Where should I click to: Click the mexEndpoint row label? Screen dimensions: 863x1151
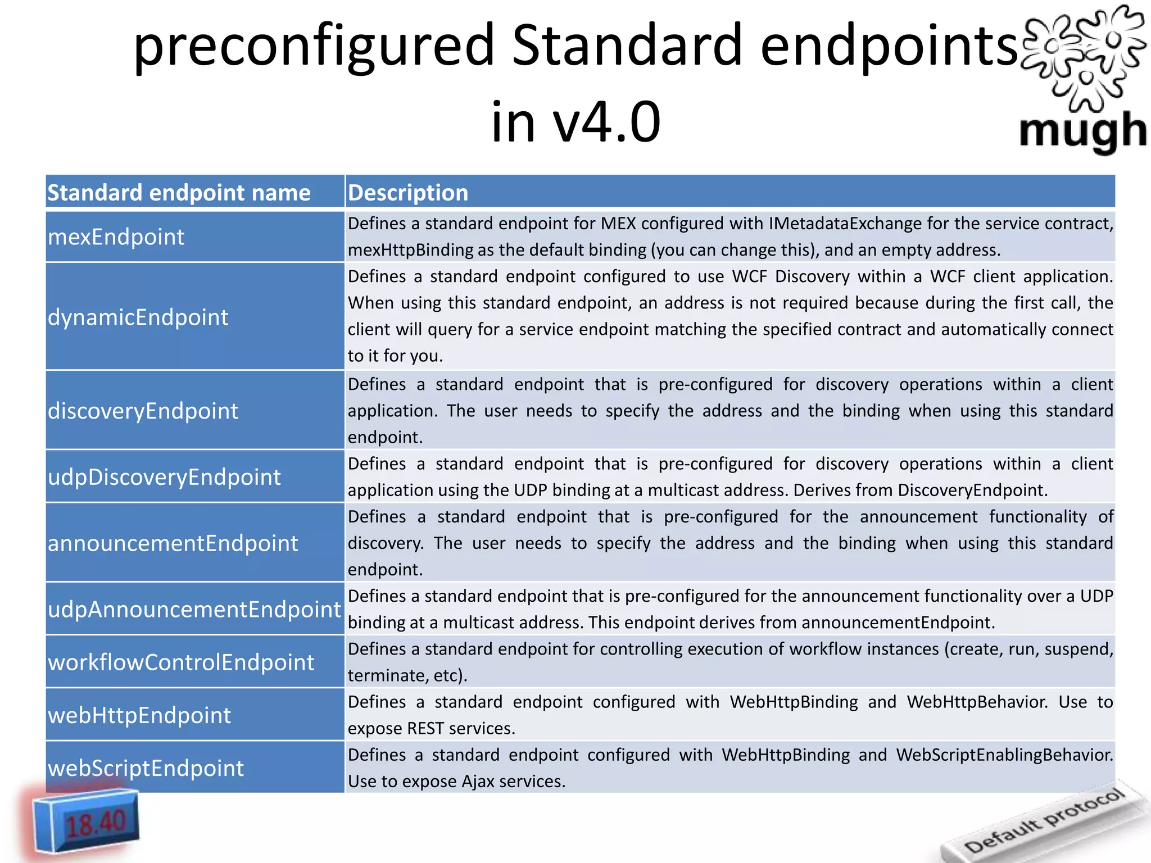pos(116,237)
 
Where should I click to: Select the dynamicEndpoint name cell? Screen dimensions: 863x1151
pos(138,317)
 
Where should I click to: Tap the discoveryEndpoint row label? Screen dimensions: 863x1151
pos(143,411)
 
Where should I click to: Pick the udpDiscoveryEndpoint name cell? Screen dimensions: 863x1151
pos(164,477)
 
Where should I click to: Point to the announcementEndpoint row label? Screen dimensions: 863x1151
pos(173,543)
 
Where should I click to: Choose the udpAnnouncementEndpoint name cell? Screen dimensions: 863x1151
pos(194,610)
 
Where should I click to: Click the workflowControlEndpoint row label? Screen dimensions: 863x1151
pos(181,662)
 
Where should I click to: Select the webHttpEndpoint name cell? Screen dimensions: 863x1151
pos(139,715)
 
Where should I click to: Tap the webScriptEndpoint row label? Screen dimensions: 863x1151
pos(146,768)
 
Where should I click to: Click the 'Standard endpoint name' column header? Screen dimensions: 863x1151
pos(179,193)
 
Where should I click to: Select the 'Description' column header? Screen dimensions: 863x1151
pos(408,193)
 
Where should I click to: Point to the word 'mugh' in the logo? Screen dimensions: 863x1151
pos(1082,131)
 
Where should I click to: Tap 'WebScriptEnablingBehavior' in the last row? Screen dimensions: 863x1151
pos(1004,755)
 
